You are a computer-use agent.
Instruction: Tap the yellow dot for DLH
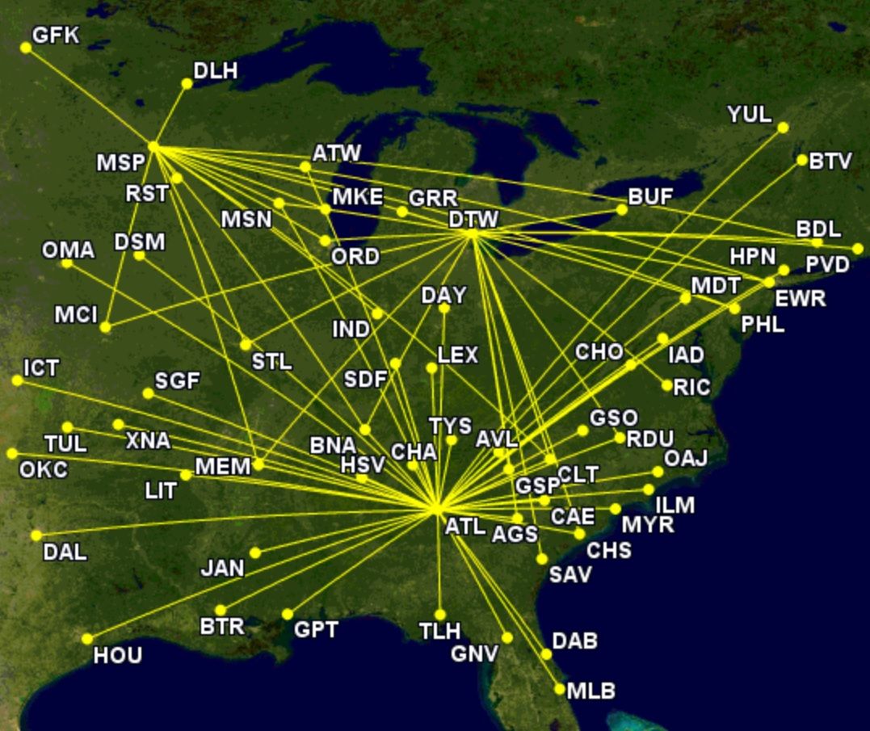point(187,83)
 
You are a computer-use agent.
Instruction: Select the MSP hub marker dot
point(153,146)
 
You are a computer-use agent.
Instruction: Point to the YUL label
point(749,115)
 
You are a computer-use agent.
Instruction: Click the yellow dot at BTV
point(801,160)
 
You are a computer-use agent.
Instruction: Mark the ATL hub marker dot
point(437,508)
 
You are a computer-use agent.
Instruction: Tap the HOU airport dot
point(86,639)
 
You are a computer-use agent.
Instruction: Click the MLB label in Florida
point(591,691)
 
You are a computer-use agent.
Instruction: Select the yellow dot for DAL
point(36,535)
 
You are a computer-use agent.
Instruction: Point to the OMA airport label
point(68,250)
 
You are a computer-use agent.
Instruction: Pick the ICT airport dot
point(17,380)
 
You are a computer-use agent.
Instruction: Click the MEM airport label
point(222,467)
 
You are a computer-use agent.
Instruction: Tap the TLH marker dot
point(439,615)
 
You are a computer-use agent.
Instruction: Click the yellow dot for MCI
point(106,327)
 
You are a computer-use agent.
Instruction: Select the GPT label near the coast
point(315,629)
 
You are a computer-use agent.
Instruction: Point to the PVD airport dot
point(857,249)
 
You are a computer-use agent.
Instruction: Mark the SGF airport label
point(177,381)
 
